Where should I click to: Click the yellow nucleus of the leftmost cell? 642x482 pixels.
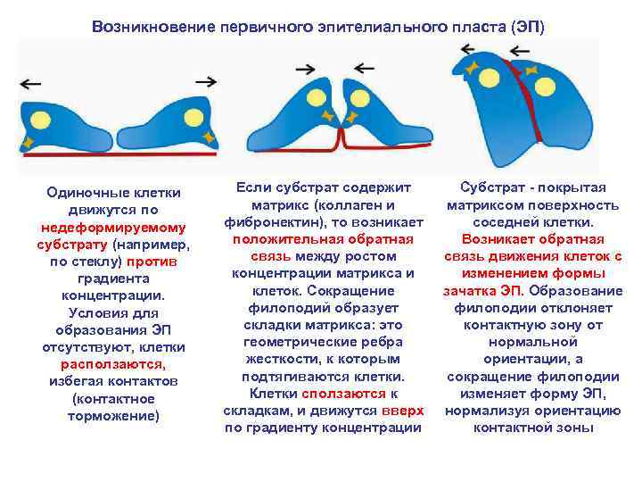tap(43, 120)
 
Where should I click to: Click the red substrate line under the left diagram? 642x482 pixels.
tap(116, 155)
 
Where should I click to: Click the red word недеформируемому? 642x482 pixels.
tap(113, 228)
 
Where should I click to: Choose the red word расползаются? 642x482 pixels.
tap(113, 364)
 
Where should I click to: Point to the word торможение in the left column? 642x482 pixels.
tap(113, 416)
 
